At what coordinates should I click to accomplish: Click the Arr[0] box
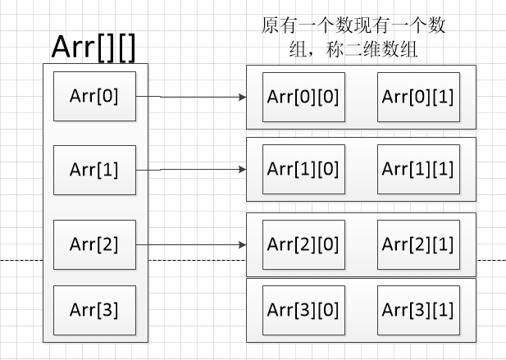point(95,96)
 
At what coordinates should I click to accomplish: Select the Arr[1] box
point(95,170)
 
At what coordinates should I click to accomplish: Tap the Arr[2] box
point(95,244)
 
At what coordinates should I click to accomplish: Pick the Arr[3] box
point(95,309)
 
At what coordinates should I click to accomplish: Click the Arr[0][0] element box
point(303,96)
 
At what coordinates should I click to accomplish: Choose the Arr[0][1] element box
point(418,96)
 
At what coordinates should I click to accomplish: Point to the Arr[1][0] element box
point(303,169)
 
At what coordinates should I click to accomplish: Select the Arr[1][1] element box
point(418,169)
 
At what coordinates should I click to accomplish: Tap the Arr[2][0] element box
point(303,244)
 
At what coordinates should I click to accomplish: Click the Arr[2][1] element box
point(418,244)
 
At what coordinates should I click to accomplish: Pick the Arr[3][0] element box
point(303,310)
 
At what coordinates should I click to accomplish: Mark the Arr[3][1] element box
point(418,310)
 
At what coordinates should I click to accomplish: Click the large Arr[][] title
point(93,48)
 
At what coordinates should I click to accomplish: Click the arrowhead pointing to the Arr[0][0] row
point(242,97)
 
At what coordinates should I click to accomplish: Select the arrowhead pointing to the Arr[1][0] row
point(242,170)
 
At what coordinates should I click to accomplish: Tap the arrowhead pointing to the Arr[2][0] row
point(242,244)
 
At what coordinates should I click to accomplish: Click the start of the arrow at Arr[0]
point(138,96)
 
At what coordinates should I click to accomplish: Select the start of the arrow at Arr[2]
point(138,244)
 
